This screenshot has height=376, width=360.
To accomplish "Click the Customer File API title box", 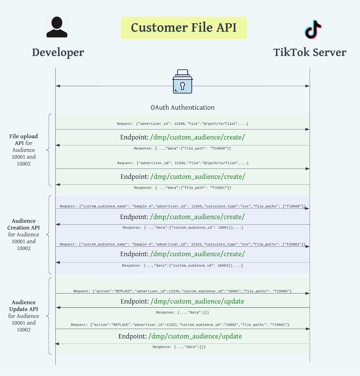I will (184, 28).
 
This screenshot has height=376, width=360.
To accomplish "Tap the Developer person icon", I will (57, 27).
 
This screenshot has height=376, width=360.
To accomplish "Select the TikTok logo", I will (313, 29).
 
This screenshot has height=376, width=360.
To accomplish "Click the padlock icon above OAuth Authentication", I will (182, 82).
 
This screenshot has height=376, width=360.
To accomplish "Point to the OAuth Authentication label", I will (182, 108).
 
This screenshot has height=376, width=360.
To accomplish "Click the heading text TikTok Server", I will (310, 53).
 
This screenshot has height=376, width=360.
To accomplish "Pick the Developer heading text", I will (58, 53).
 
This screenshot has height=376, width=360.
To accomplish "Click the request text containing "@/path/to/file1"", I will (182, 124).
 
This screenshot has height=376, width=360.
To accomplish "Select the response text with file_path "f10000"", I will (182, 148).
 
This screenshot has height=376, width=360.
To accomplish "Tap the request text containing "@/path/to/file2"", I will (183, 163).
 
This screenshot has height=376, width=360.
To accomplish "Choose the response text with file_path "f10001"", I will (182, 188).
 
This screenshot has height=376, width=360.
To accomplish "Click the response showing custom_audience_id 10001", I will (183, 228).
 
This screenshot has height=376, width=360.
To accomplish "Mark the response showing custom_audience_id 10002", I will (182, 266).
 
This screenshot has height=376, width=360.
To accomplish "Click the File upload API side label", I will (23, 150).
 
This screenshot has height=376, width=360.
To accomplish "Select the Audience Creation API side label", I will (23, 234).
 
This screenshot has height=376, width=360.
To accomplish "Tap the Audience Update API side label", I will (23, 316).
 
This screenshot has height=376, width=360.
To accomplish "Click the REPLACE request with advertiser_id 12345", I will (182, 291).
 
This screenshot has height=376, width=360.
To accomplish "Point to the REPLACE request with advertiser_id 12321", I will (180, 325).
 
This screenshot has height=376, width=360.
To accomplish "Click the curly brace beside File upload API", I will (49, 150).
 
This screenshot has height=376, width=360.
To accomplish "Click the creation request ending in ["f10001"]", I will (182, 244).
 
